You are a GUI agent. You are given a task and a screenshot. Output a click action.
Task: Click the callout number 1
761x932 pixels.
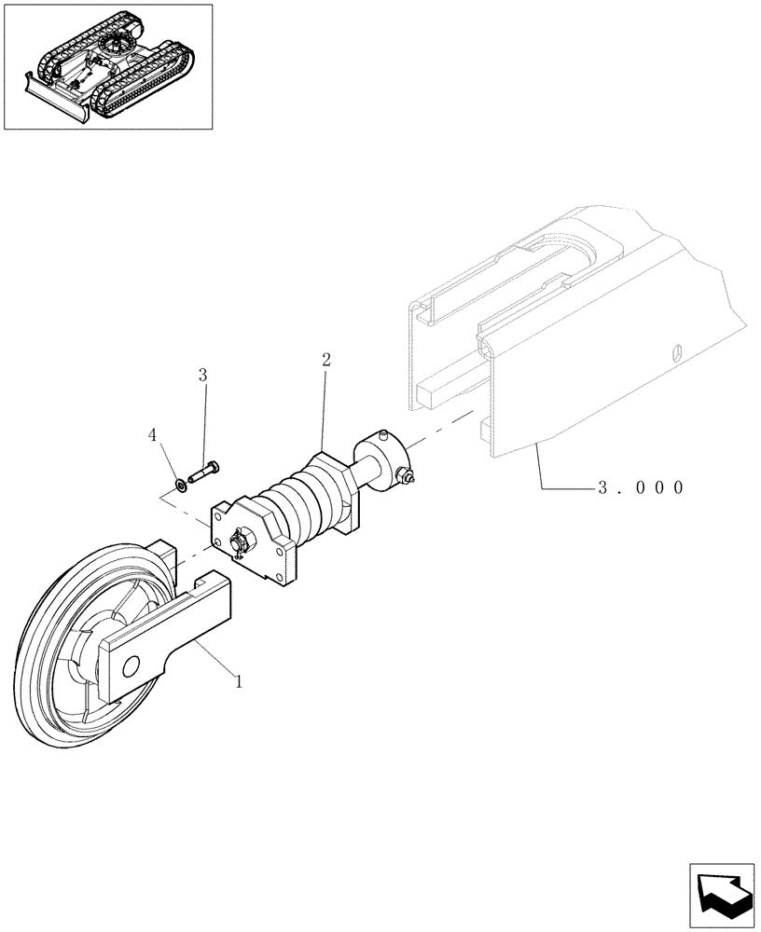coord(239,681)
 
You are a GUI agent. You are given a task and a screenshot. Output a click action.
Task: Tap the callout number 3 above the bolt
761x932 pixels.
coord(202,376)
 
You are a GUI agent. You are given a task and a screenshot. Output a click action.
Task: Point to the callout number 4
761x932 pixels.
coord(152,435)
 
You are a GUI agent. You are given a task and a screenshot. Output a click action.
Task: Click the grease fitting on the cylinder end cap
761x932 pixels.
coord(406,478)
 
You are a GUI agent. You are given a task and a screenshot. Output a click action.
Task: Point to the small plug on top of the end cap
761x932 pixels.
coord(383,434)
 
